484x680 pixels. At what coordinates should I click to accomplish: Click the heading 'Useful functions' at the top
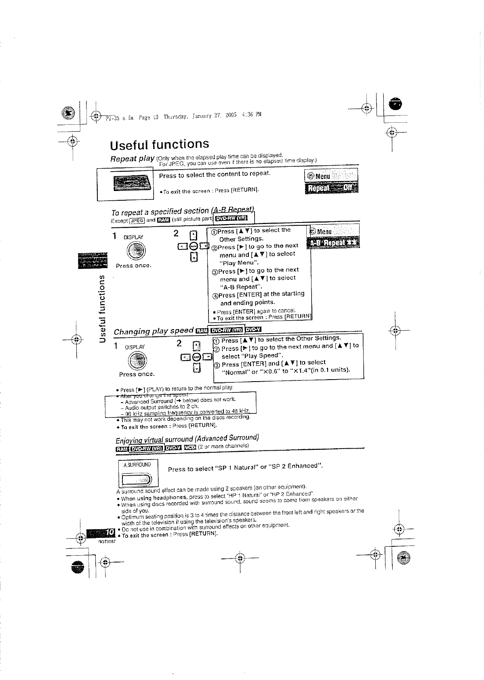(160, 145)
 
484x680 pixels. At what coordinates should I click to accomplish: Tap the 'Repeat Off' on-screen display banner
(331, 188)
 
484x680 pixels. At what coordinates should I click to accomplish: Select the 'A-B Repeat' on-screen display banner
(334, 242)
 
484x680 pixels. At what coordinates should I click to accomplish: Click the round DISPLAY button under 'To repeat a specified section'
(133, 252)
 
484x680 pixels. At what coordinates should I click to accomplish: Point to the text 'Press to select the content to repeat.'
(215, 175)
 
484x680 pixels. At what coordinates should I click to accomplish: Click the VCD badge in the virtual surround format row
(189, 447)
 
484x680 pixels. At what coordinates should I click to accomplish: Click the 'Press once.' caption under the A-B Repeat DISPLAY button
(133, 266)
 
